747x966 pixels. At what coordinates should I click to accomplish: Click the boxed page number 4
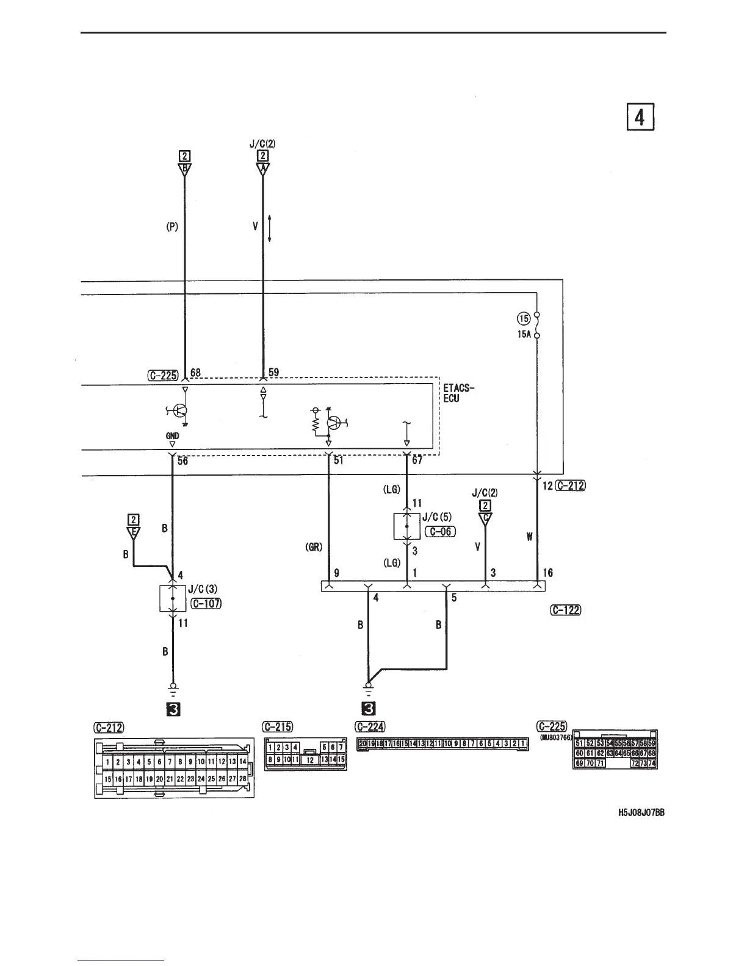click(x=639, y=118)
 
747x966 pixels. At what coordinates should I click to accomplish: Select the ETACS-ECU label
click(x=459, y=393)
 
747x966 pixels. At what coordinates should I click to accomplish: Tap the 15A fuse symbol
click(x=536, y=325)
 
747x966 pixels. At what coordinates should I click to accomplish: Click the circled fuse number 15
click(x=524, y=318)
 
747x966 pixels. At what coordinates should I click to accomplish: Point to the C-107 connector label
click(x=206, y=604)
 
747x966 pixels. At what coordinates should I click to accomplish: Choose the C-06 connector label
click(x=439, y=531)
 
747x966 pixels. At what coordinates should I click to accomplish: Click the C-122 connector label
click(x=565, y=609)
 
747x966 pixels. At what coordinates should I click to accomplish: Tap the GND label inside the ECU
click(x=172, y=436)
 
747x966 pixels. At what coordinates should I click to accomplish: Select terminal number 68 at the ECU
click(x=195, y=372)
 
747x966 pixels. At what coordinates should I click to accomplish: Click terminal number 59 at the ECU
click(x=273, y=372)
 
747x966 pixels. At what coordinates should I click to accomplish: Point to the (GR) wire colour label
click(x=314, y=548)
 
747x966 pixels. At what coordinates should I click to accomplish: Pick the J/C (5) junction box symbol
click(x=407, y=526)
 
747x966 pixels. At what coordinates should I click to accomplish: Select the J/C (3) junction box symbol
click(x=172, y=598)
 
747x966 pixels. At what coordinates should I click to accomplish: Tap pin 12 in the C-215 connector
click(x=310, y=760)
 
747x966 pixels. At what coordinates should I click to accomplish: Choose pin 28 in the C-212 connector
click(x=242, y=779)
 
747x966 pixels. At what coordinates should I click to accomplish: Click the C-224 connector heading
click(x=370, y=726)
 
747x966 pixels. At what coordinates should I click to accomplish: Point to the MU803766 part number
click(x=554, y=737)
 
